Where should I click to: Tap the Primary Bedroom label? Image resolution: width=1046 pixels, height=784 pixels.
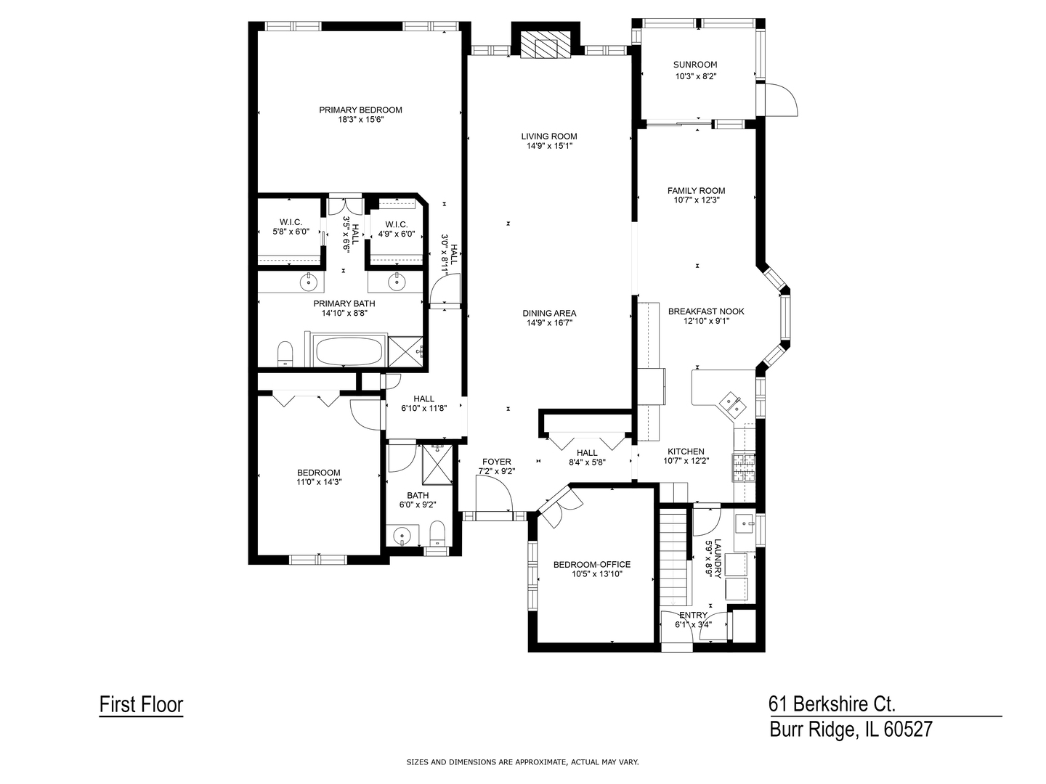pyautogui.click(x=360, y=110)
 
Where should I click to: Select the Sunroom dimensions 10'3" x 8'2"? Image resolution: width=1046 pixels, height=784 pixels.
pyautogui.click(x=696, y=76)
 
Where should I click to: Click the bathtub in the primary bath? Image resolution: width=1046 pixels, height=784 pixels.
pyautogui.click(x=348, y=351)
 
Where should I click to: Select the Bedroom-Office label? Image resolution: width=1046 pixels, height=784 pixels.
pyautogui.click(x=591, y=564)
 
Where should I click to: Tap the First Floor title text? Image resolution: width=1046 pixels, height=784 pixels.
pyautogui.click(x=141, y=704)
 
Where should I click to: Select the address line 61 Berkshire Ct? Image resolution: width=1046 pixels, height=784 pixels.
pyautogui.click(x=832, y=703)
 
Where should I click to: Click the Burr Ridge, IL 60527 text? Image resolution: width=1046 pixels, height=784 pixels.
pyautogui.click(x=850, y=729)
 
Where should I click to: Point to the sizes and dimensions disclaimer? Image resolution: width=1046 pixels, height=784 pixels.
pyautogui.click(x=522, y=762)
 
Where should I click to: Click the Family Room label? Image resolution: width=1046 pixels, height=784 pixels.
pyautogui.click(x=696, y=191)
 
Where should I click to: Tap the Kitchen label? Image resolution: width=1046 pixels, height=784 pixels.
pyautogui.click(x=686, y=451)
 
